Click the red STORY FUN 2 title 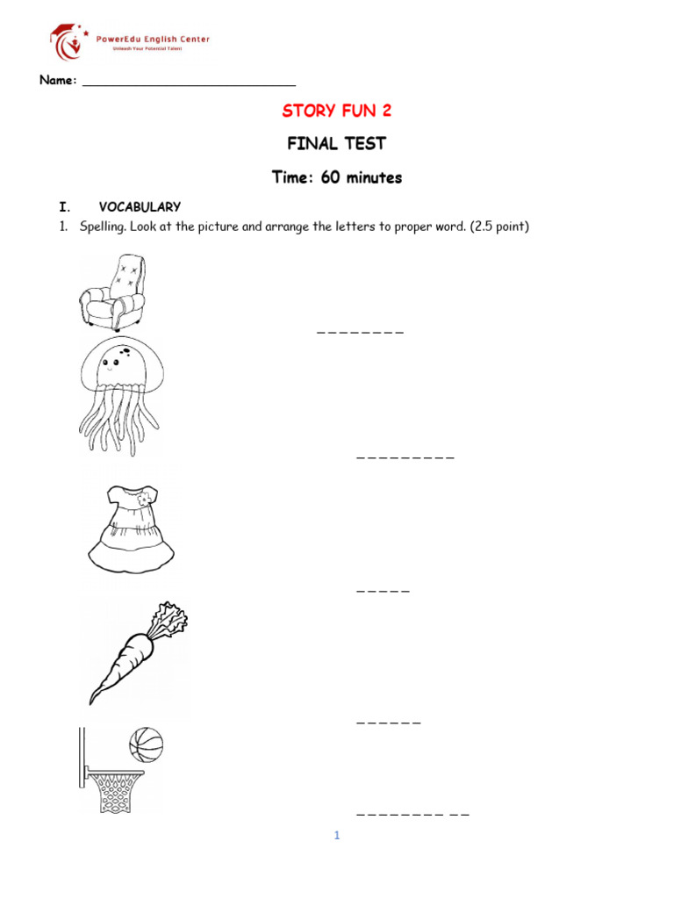(337, 111)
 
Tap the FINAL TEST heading (337, 143)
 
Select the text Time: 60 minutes (337, 177)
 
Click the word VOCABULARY (140, 207)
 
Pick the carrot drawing (136, 654)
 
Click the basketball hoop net (116, 790)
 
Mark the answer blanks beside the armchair (360, 333)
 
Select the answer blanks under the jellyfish (405, 458)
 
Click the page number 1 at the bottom (336, 836)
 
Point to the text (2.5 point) (499, 227)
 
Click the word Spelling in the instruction (102, 227)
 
